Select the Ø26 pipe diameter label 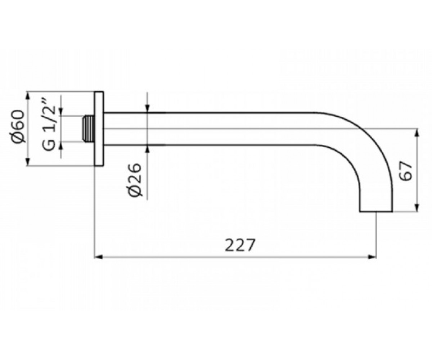135,180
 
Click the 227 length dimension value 240,245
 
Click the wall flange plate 99,129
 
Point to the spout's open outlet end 376,212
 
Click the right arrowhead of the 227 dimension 372,257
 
